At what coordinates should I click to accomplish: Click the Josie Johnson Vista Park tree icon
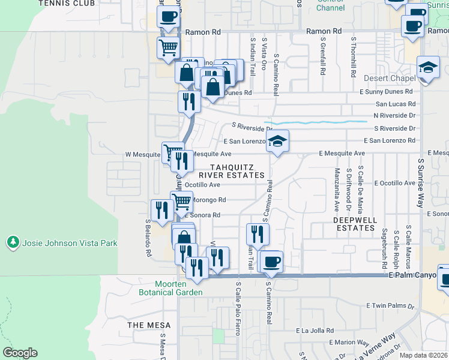[x=12, y=243]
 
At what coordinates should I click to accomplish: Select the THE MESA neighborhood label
[x=149, y=325]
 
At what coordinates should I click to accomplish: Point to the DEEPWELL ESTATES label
[x=355, y=224]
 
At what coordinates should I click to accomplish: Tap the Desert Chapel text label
[x=390, y=79]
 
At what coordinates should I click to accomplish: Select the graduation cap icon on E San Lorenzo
[x=277, y=142]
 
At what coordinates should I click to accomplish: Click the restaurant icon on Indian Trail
[x=258, y=235]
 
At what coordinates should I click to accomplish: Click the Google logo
[x=20, y=353]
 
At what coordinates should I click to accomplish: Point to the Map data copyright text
[x=423, y=355]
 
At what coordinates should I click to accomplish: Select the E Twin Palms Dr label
[x=390, y=306]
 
